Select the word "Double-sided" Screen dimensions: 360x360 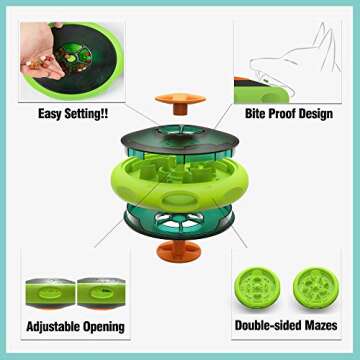(x=264, y=326)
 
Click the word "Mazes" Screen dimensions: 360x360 (x=319, y=326)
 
